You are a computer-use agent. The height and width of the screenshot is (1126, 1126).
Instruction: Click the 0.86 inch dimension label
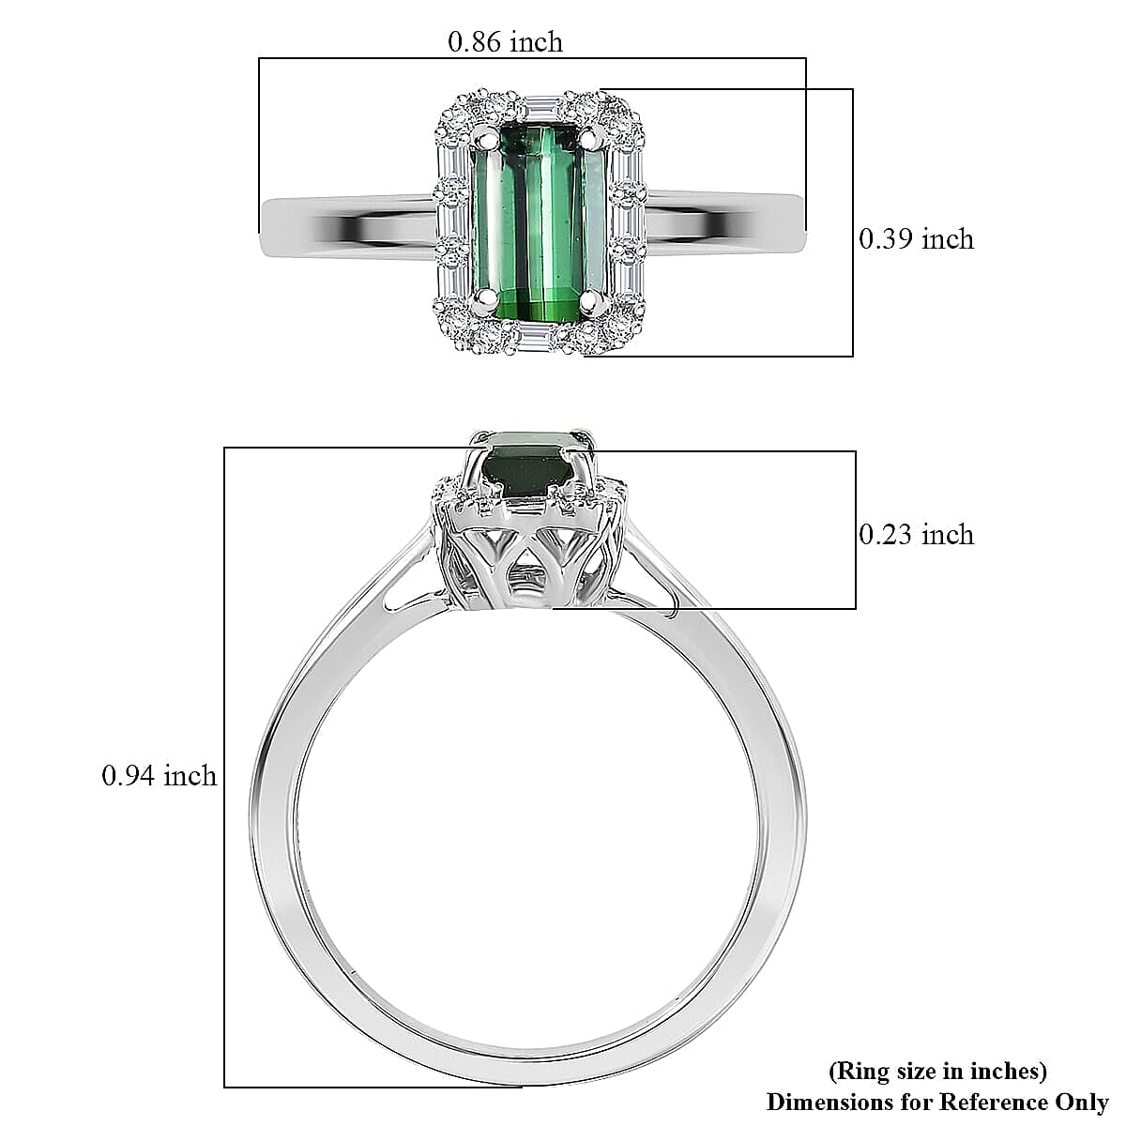tap(505, 42)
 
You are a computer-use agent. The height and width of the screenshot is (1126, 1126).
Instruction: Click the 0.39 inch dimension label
tap(916, 239)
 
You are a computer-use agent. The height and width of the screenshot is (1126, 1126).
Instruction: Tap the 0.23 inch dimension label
tap(916, 535)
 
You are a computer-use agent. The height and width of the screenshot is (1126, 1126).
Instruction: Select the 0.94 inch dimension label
tap(159, 776)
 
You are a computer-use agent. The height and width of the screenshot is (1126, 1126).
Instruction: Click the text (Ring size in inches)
tap(937, 1071)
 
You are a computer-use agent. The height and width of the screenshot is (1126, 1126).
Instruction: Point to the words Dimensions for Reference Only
tap(937, 1102)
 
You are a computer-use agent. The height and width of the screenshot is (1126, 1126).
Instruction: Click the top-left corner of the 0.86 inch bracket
tap(260, 59)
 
